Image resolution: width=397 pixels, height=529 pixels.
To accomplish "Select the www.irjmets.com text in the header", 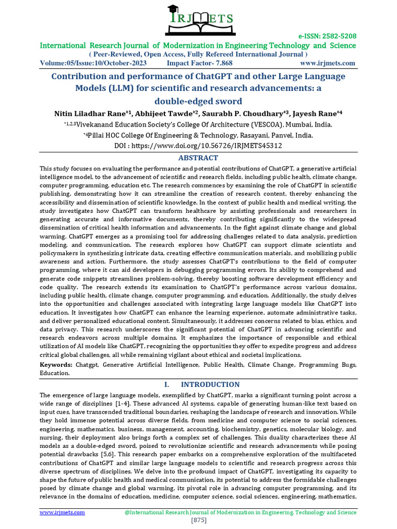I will pyautogui.click(x=328, y=63).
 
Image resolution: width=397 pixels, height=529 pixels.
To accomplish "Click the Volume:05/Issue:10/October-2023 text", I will pyautogui.click(x=94, y=63).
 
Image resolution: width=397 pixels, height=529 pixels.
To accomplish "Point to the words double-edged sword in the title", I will pyautogui.click(x=198, y=101).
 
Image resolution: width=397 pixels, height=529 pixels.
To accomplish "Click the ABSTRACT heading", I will pyautogui.click(x=198, y=158).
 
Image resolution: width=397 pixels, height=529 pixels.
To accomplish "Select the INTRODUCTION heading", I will pyautogui.click(x=210, y=384).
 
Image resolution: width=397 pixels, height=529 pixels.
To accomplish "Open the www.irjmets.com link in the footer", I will pyautogui.click(x=63, y=512).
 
